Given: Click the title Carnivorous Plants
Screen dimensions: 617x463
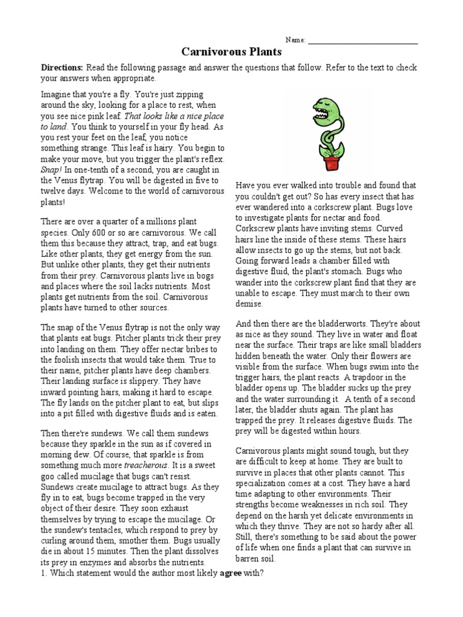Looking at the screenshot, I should point(231,52).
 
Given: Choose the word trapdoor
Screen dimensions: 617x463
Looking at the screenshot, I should point(375,377).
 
